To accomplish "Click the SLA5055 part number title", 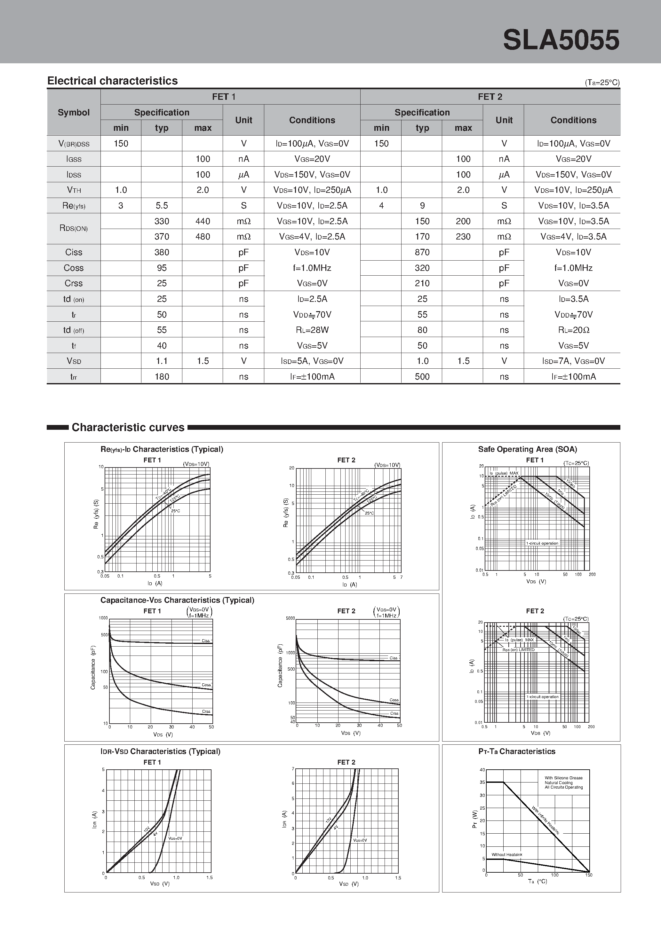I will pyautogui.click(x=561, y=40).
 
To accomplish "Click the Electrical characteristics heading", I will pyautogui.click(x=113, y=81).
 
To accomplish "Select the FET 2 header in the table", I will pyautogui.click(x=490, y=97).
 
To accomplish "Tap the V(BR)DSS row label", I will pyautogui.click(x=74, y=144).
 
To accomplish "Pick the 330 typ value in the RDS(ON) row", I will pyautogui.click(x=162, y=221).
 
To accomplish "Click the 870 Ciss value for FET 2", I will pyautogui.click(x=422, y=252).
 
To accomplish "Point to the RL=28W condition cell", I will pyautogui.click(x=312, y=330).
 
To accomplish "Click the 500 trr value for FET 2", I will pyautogui.click(x=422, y=377).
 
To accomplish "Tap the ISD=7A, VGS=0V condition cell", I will pyautogui.click(x=573, y=361).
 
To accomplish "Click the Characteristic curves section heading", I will pyautogui.click(x=128, y=427).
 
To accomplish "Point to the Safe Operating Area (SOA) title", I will pyautogui.click(x=527, y=449).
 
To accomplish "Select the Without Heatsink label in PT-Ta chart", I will pyautogui.click(x=506, y=855).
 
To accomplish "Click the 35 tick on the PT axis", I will pyautogui.click(x=482, y=782).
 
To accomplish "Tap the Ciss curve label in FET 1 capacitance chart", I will pyautogui.click(x=206, y=640).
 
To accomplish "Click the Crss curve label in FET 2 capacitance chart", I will pyautogui.click(x=394, y=713).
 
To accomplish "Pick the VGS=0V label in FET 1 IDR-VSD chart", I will pyautogui.click(x=175, y=838).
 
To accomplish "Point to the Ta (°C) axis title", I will pyautogui.click(x=538, y=881).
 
